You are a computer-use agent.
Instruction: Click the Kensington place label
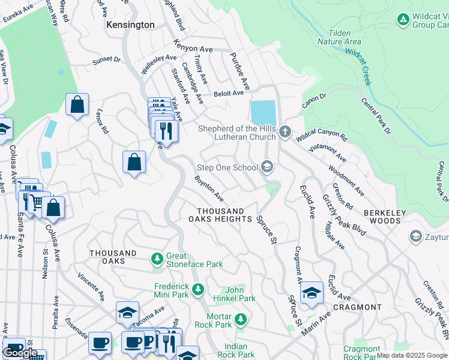(130, 25)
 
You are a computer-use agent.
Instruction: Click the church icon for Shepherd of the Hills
(285, 131)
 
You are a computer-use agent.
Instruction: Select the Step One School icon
(268, 167)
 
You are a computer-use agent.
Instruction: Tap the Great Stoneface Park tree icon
(157, 259)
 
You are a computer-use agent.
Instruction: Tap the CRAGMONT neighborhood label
(357, 307)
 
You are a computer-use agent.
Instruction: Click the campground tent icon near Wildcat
(403, 20)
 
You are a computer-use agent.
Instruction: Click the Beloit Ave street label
(229, 93)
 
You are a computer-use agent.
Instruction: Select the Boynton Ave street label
(209, 188)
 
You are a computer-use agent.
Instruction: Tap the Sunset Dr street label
(106, 61)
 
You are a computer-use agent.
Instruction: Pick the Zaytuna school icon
(415, 236)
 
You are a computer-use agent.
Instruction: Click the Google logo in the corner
(20, 353)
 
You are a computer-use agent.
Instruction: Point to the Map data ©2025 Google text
(412, 355)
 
